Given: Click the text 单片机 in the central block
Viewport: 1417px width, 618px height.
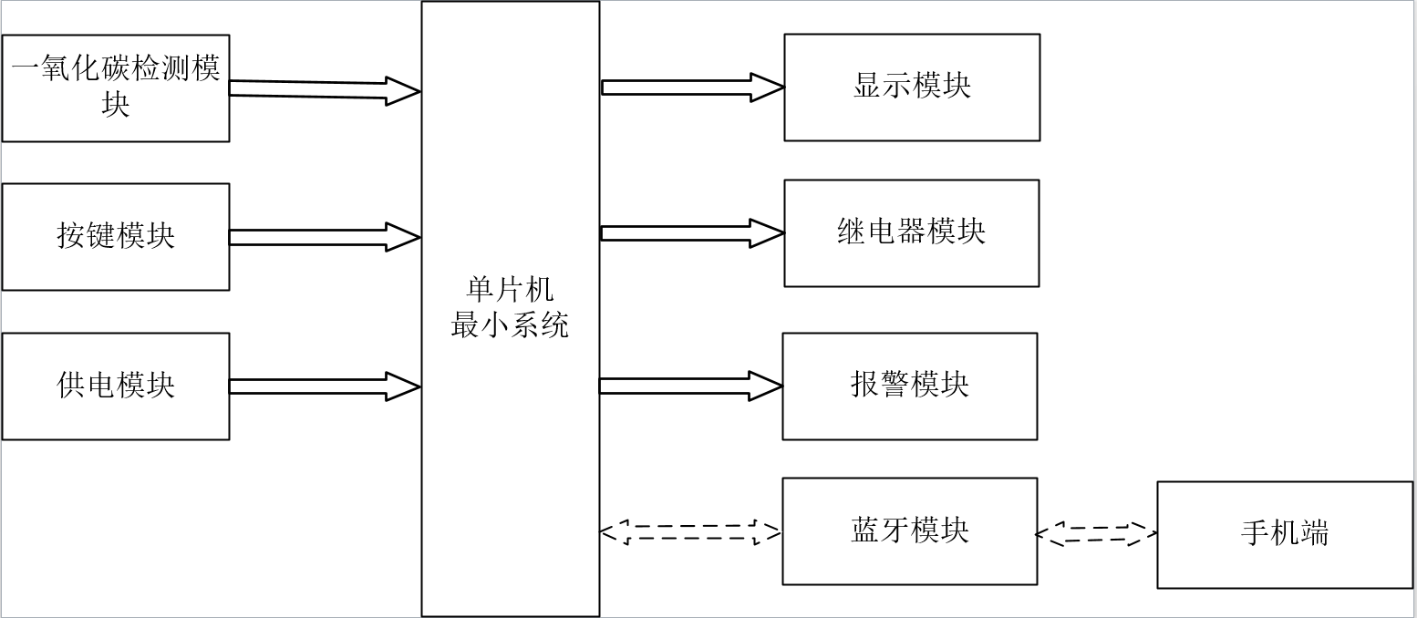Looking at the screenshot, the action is pos(510,291).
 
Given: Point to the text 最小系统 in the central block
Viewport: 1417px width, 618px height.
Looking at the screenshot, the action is pos(510,325).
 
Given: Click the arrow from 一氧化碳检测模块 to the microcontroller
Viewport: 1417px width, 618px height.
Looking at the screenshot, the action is pos(325,90).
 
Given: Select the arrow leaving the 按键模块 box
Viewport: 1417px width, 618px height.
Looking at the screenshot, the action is pos(325,237).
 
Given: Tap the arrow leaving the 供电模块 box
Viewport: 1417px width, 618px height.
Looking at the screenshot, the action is pos(325,386).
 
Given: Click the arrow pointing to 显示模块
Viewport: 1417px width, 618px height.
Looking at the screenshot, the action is pos(693,88).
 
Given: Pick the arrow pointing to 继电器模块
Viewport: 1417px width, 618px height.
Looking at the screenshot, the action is pos(693,233).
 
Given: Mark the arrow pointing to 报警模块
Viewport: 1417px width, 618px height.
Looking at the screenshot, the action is pos(691,386).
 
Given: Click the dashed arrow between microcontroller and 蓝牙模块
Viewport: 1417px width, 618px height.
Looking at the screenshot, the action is pos(690,532).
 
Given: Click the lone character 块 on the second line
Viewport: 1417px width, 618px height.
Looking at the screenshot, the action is pos(115,105).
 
